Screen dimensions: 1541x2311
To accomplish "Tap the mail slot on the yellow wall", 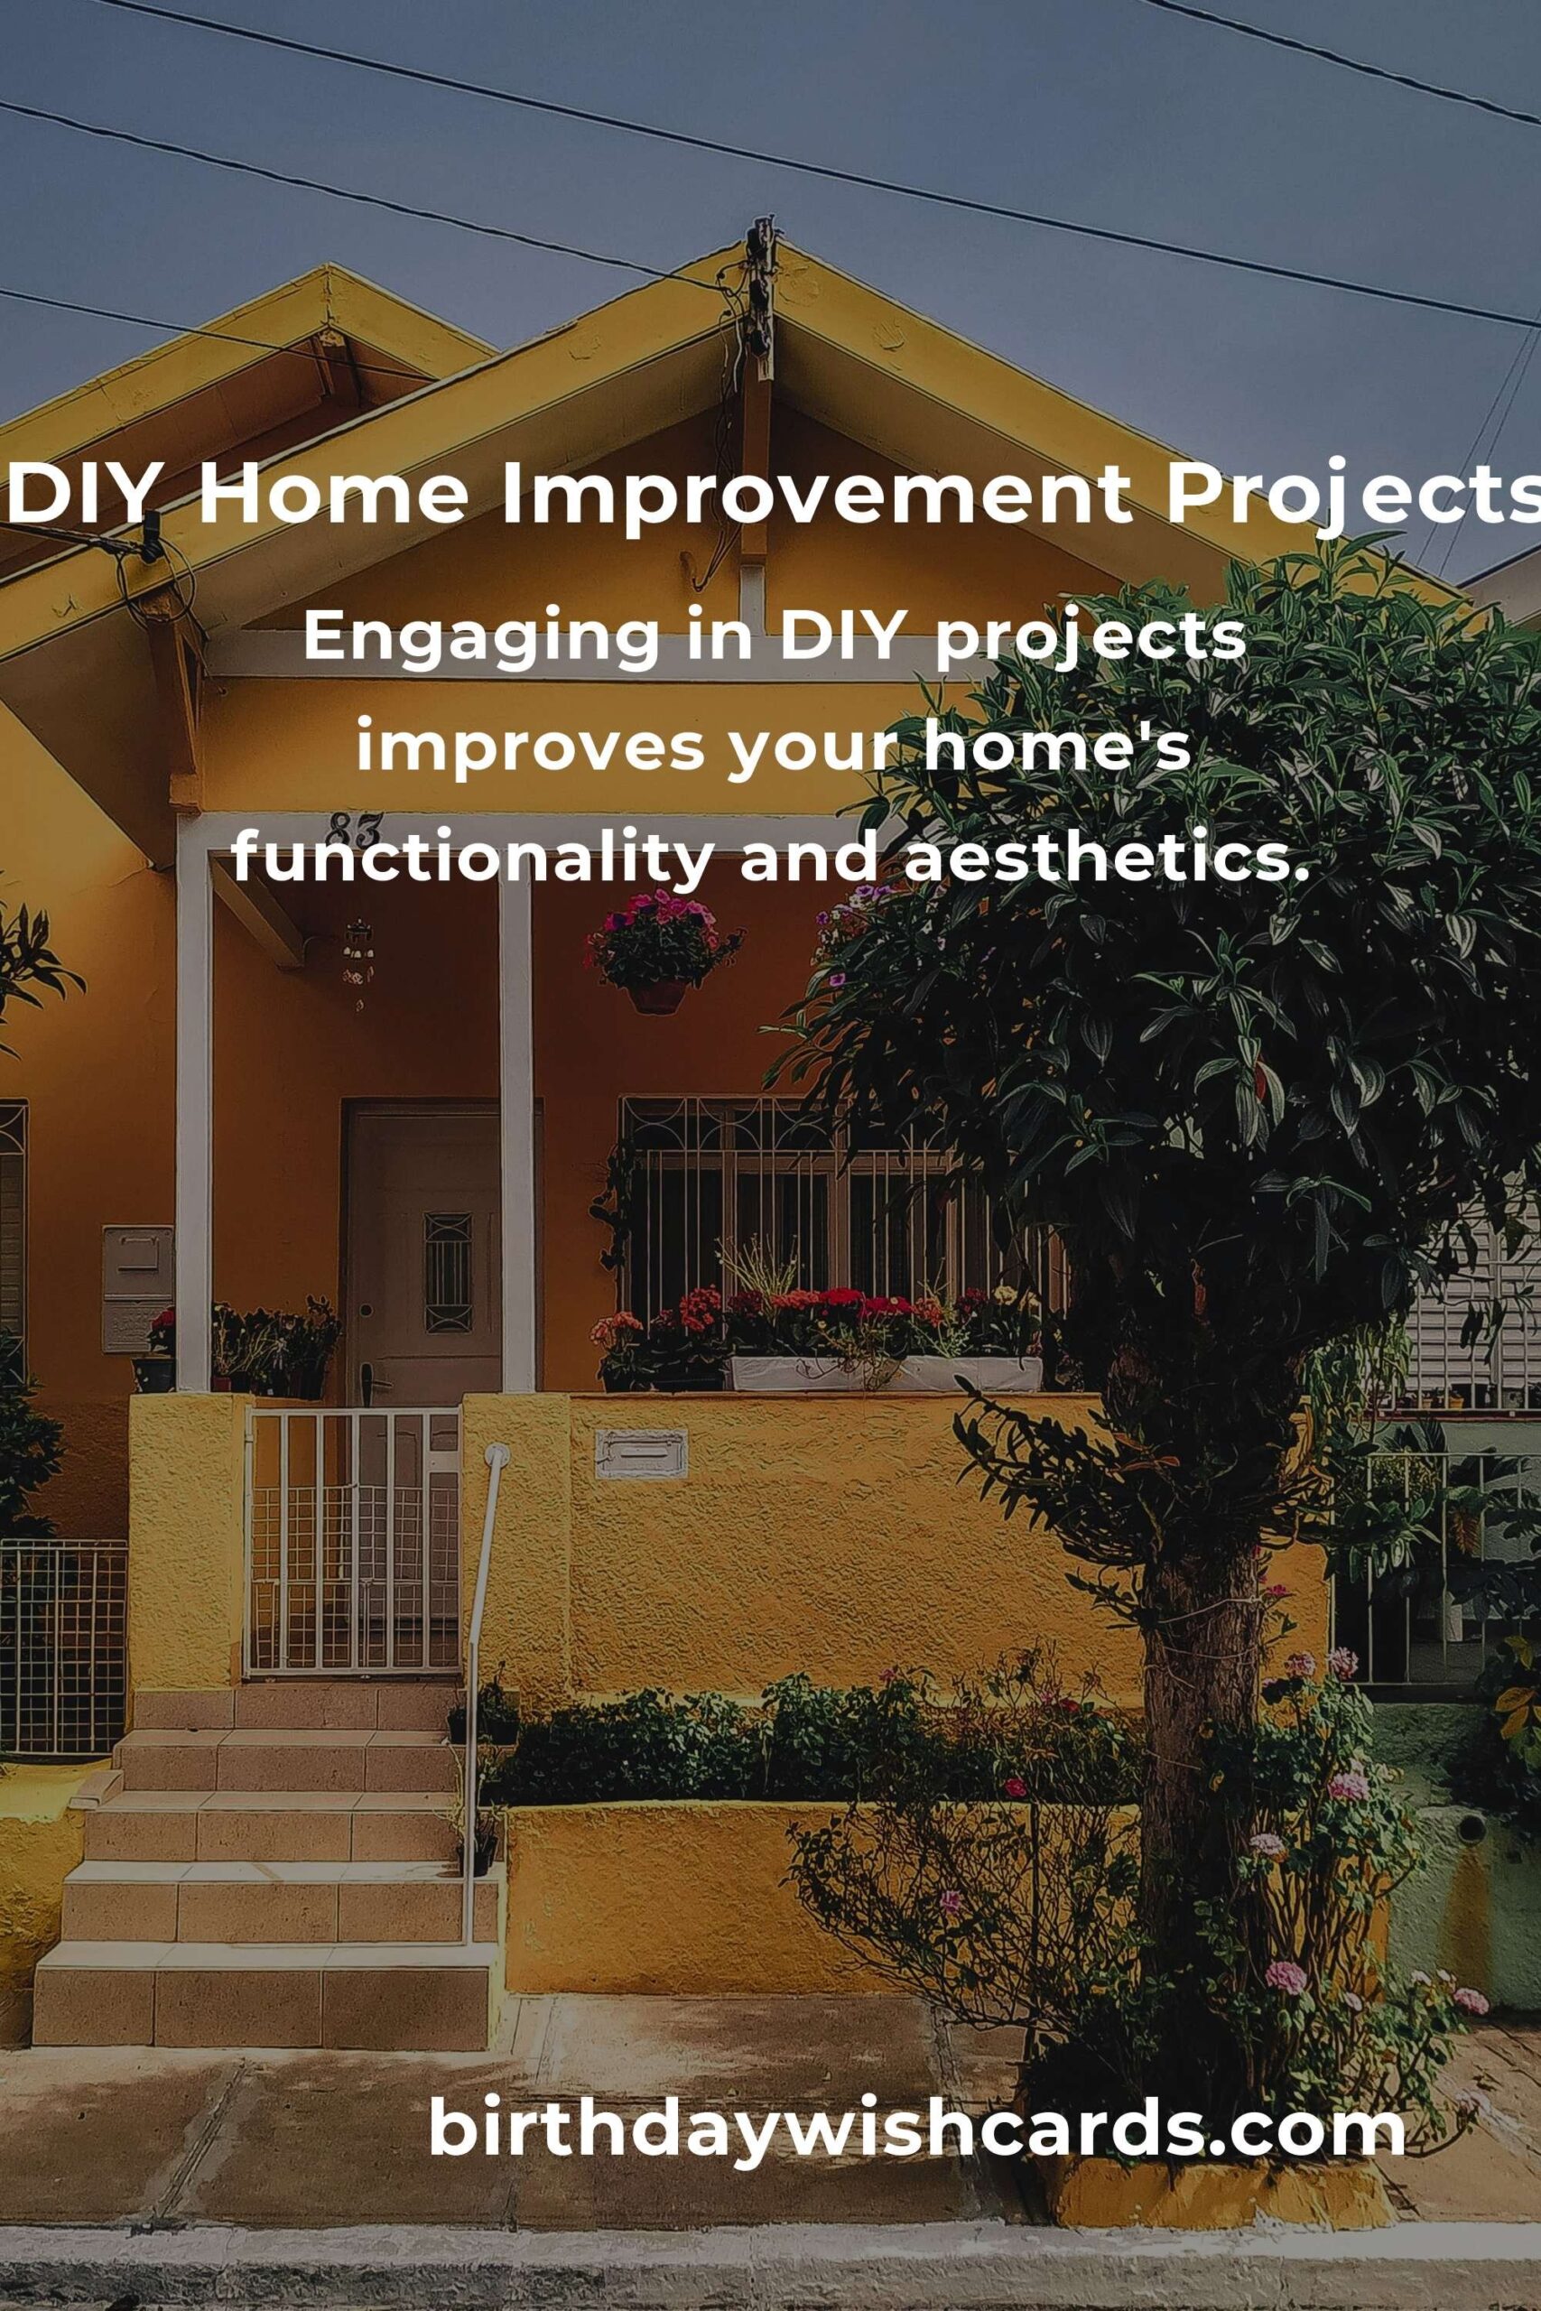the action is [x=641, y=1453].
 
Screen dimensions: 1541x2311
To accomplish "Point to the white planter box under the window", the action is [x=885, y=1373].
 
